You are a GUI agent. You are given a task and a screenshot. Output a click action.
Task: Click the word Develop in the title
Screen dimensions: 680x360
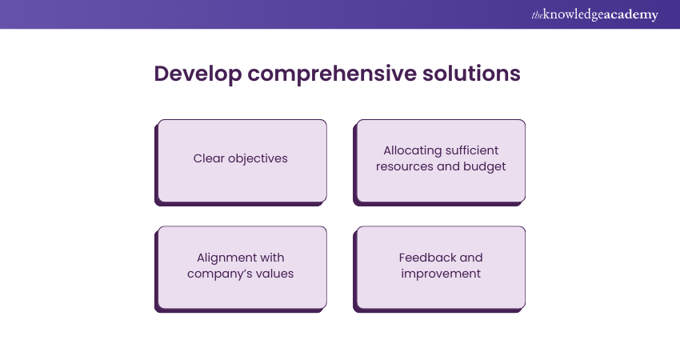(x=198, y=74)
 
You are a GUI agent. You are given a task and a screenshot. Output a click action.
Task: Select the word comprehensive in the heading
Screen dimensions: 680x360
(x=332, y=74)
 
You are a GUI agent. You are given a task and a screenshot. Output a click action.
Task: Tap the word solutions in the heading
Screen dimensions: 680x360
(x=471, y=73)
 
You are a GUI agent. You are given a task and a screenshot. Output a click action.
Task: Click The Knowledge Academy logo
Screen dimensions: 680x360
(x=594, y=14)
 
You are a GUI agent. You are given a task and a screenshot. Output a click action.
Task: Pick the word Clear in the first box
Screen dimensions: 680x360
(x=209, y=158)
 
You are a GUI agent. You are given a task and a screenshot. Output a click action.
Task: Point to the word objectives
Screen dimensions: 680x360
(x=258, y=158)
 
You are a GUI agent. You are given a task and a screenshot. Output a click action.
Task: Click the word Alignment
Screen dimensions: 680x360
(x=225, y=258)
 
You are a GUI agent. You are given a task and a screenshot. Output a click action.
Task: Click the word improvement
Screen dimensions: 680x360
(x=441, y=274)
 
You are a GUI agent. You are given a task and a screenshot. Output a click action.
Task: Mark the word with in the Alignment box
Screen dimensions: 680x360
(x=271, y=258)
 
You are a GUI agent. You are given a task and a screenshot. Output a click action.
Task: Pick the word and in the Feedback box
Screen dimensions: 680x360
(x=471, y=258)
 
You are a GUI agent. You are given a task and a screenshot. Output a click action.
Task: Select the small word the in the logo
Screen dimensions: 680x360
(x=537, y=16)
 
